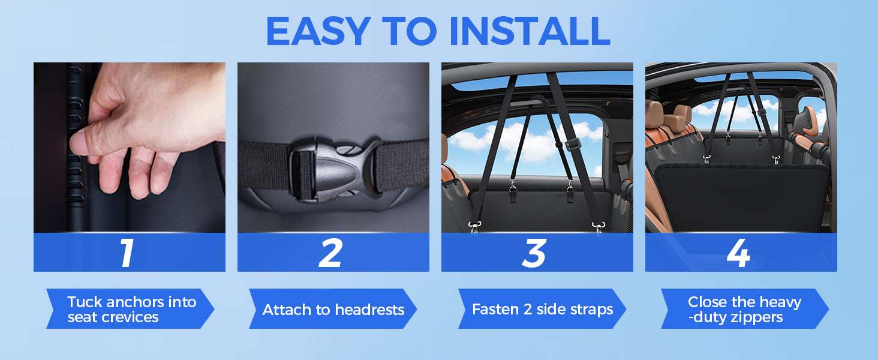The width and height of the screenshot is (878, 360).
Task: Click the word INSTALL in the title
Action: click(x=529, y=31)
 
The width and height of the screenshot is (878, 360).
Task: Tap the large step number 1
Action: click(x=126, y=253)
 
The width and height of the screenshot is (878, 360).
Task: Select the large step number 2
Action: click(x=330, y=253)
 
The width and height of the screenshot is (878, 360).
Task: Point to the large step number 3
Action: click(x=534, y=253)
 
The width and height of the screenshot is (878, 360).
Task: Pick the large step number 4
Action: click(x=738, y=253)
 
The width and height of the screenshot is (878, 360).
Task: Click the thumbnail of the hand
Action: click(x=130, y=148)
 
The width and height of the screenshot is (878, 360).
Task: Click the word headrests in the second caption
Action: click(x=369, y=310)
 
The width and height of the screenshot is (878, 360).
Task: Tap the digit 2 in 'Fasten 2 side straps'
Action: click(x=527, y=310)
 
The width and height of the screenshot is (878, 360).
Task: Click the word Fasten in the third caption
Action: click(x=495, y=310)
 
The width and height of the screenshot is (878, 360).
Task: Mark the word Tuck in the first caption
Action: click(x=85, y=302)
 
